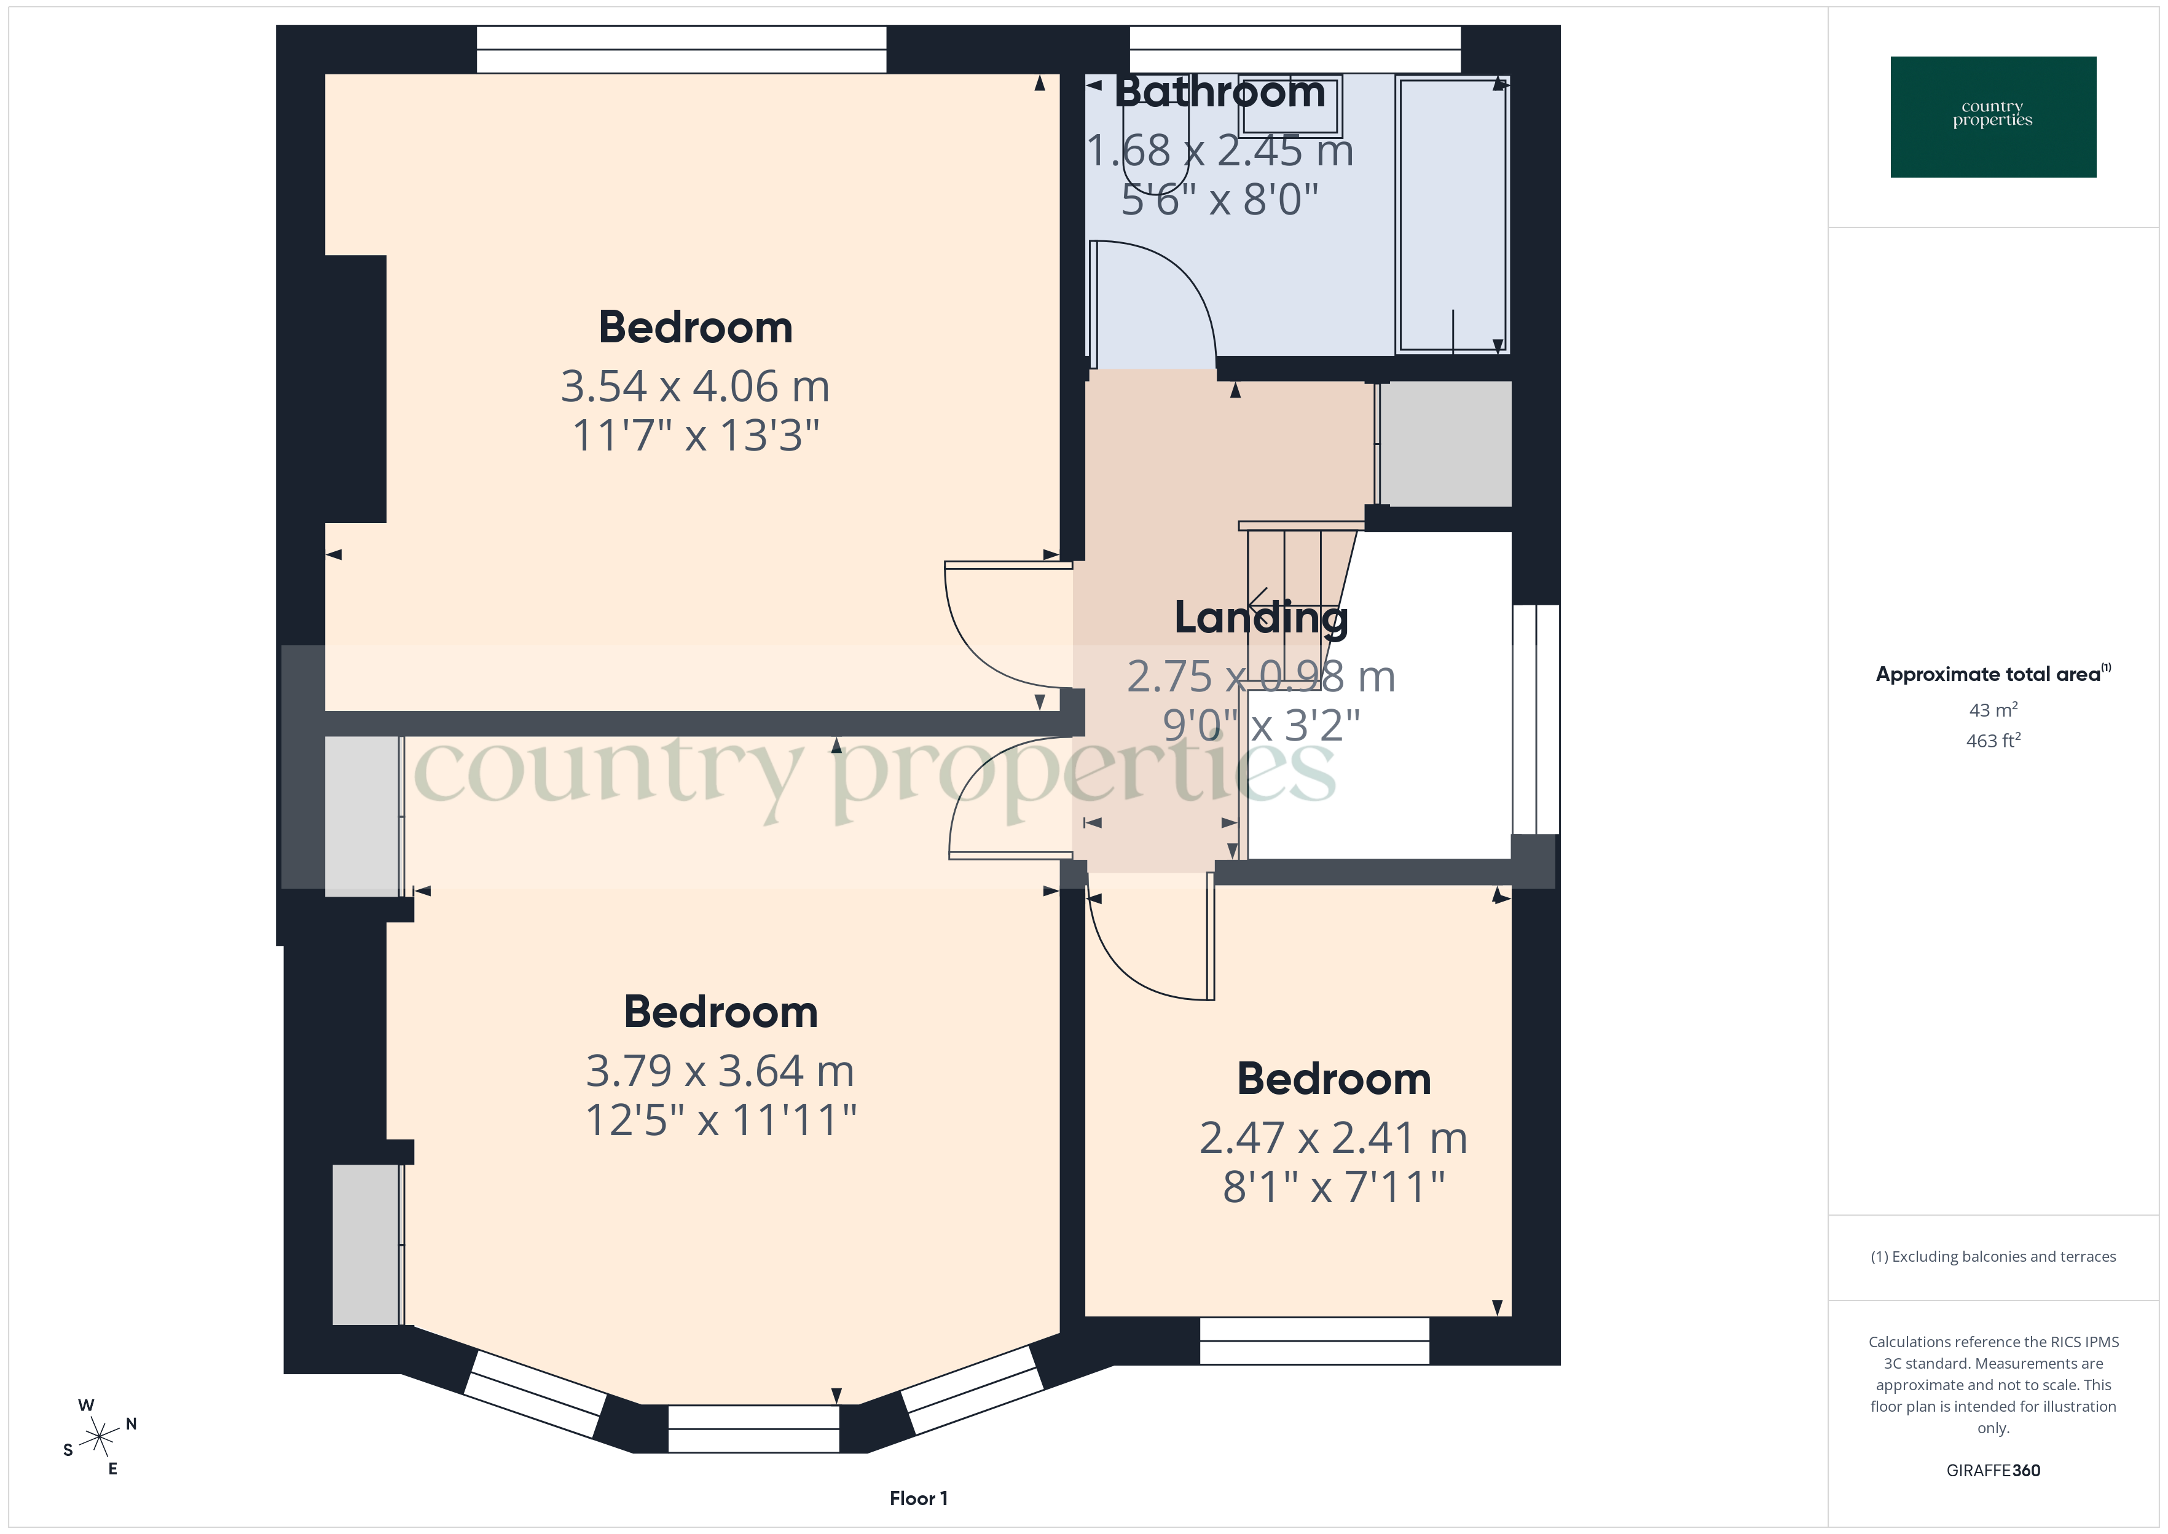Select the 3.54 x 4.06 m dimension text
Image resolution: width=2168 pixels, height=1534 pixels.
pyautogui.click(x=695, y=387)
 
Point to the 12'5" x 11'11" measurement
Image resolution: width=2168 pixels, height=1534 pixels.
pyautogui.click(x=720, y=1120)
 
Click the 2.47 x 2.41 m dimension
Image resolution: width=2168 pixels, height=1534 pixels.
pyautogui.click(x=1333, y=1138)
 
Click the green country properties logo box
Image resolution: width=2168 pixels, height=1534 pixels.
pyautogui.click(x=1992, y=117)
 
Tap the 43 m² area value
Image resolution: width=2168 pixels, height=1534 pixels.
pyautogui.click(x=1992, y=709)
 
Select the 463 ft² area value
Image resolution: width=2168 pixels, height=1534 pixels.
pyautogui.click(x=1992, y=741)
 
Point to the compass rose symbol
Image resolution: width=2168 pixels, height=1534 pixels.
pyautogui.click(x=99, y=1438)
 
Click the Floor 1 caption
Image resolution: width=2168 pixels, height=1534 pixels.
pyautogui.click(x=918, y=1498)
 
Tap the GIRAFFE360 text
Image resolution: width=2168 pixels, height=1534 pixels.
pyautogui.click(x=1992, y=1469)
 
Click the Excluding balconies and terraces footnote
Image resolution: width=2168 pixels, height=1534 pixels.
pyautogui.click(x=1992, y=1256)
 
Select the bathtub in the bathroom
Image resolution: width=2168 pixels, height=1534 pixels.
pyautogui.click(x=1452, y=215)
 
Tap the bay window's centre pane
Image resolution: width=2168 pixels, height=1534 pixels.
pyautogui.click(x=753, y=1428)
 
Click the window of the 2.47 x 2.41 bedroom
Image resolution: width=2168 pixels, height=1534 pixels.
pyautogui.click(x=1314, y=1340)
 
